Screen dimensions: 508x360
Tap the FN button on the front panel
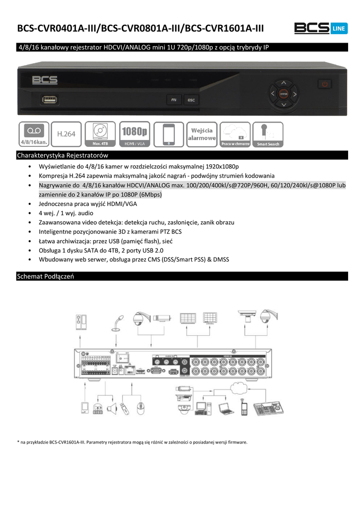(x=173, y=100)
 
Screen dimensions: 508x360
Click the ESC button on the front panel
(x=191, y=100)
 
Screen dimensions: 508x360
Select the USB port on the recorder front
(x=50, y=100)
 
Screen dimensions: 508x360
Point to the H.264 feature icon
(x=66, y=134)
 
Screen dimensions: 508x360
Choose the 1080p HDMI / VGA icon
(x=135, y=134)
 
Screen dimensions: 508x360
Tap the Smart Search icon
(x=268, y=134)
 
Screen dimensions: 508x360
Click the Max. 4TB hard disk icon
(x=100, y=134)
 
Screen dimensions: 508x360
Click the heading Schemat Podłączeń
(x=45, y=276)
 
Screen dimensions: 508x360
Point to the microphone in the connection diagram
(x=120, y=322)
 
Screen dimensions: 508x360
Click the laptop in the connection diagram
(x=225, y=408)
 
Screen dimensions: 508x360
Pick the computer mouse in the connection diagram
(x=141, y=408)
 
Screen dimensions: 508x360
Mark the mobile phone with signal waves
(x=243, y=407)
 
